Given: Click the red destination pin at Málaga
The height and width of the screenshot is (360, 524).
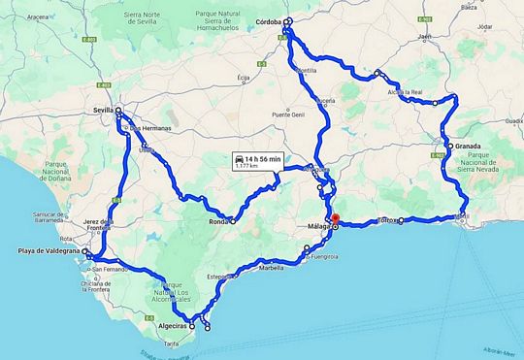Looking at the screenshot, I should pos(335,218).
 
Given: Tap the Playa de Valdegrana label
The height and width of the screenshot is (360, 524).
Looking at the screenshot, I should pos(49,252).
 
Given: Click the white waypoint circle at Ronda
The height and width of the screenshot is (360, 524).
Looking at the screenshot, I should pos(233,221).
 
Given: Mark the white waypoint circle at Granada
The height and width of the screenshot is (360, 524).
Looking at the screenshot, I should pos(450,147).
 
